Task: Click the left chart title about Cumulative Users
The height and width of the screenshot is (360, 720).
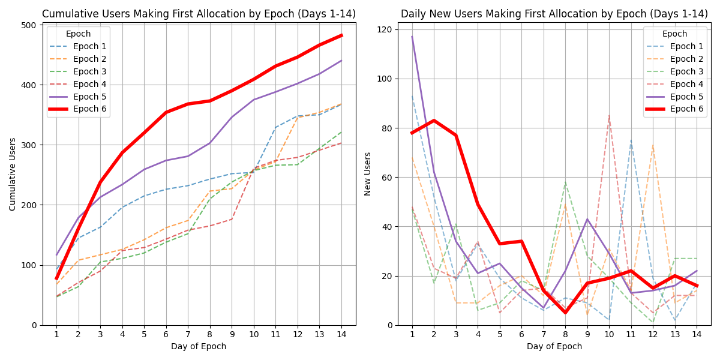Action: pyautogui.click(x=199, y=14)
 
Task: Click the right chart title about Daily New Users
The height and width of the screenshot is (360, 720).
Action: pyautogui.click(x=554, y=14)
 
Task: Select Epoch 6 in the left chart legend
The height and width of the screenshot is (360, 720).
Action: pyautogui.click(x=90, y=109)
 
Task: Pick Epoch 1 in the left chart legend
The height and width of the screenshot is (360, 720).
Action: pyautogui.click(x=90, y=46)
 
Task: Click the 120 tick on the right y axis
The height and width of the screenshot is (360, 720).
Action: pyautogui.click(x=386, y=29)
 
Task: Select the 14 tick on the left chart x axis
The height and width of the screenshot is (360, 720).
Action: pyautogui.click(x=341, y=334)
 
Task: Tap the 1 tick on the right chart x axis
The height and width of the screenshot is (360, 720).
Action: pyautogui.click(x=412, y=334)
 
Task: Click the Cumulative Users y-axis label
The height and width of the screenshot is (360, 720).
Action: pyautogui.click(x=13, y=174)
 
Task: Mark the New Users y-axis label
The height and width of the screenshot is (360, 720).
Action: pyautogui.click(x=368, y=174)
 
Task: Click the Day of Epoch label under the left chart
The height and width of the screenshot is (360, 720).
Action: pyautogui.click(x=199, y=346)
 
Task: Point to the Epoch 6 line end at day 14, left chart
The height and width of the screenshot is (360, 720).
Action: pyautogui.click(x=341, y=35)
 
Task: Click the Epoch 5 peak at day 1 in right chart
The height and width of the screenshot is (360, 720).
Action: pyautogui.click(x=412, y=37)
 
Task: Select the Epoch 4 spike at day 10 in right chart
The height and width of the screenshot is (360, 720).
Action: pyautogui.click(x=609, y=116)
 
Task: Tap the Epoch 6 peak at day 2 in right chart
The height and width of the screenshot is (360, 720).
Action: pyautogui.click(x=434, y=121)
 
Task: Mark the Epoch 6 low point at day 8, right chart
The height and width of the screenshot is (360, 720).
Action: pyautogui.click(x=565, y=313)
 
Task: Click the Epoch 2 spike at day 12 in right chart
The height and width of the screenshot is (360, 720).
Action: pyautogui.click(x=653, y=145)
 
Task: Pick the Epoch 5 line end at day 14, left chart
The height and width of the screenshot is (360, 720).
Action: pyautogui.click(x=341, y=61)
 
